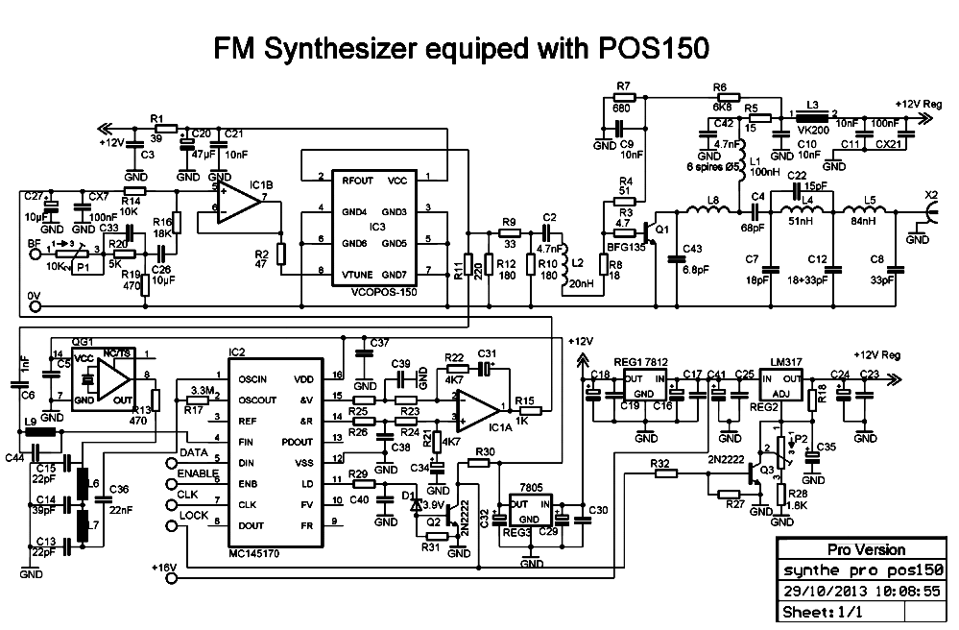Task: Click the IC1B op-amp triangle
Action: click(x=235, y=204)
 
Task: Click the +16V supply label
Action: click(x=164, y=568)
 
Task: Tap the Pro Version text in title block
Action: click(x=866, y=550)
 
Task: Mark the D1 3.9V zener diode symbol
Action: click(x=416, y=501)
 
